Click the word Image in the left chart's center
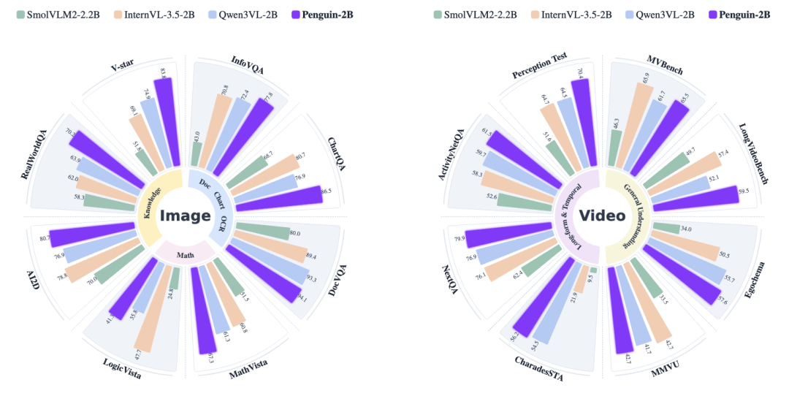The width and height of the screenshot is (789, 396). tap(186, 216)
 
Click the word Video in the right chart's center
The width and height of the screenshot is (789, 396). tap(602, 216)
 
